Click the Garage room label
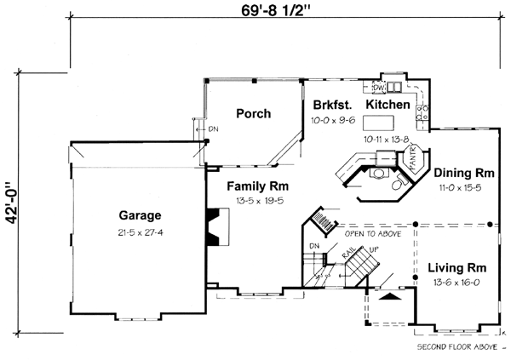[141, 215]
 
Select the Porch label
[253, 114]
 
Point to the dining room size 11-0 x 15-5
[459, 186]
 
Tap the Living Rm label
[457, 266]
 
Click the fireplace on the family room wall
[214, 228]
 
